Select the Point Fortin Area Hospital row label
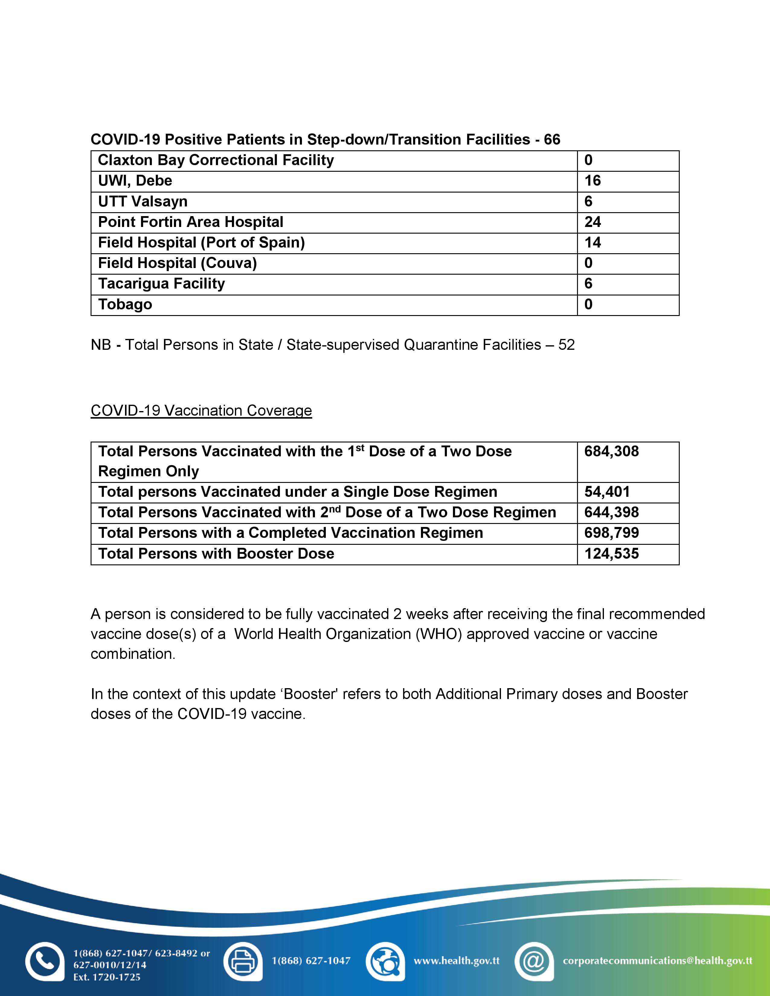point(191,222)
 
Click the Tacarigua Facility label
point(162,284)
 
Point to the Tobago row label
point(125,304)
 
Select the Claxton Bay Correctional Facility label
point(216,160)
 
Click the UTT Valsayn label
point(143,202)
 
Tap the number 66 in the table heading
point(552,139)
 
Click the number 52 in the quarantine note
point(566,345)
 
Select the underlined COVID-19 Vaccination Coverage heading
point(201,410)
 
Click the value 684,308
point(611,452)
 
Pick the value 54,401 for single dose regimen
point(607,492)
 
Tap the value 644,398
point(611,512)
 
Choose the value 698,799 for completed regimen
point(611,533)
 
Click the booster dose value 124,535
point(611,554)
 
